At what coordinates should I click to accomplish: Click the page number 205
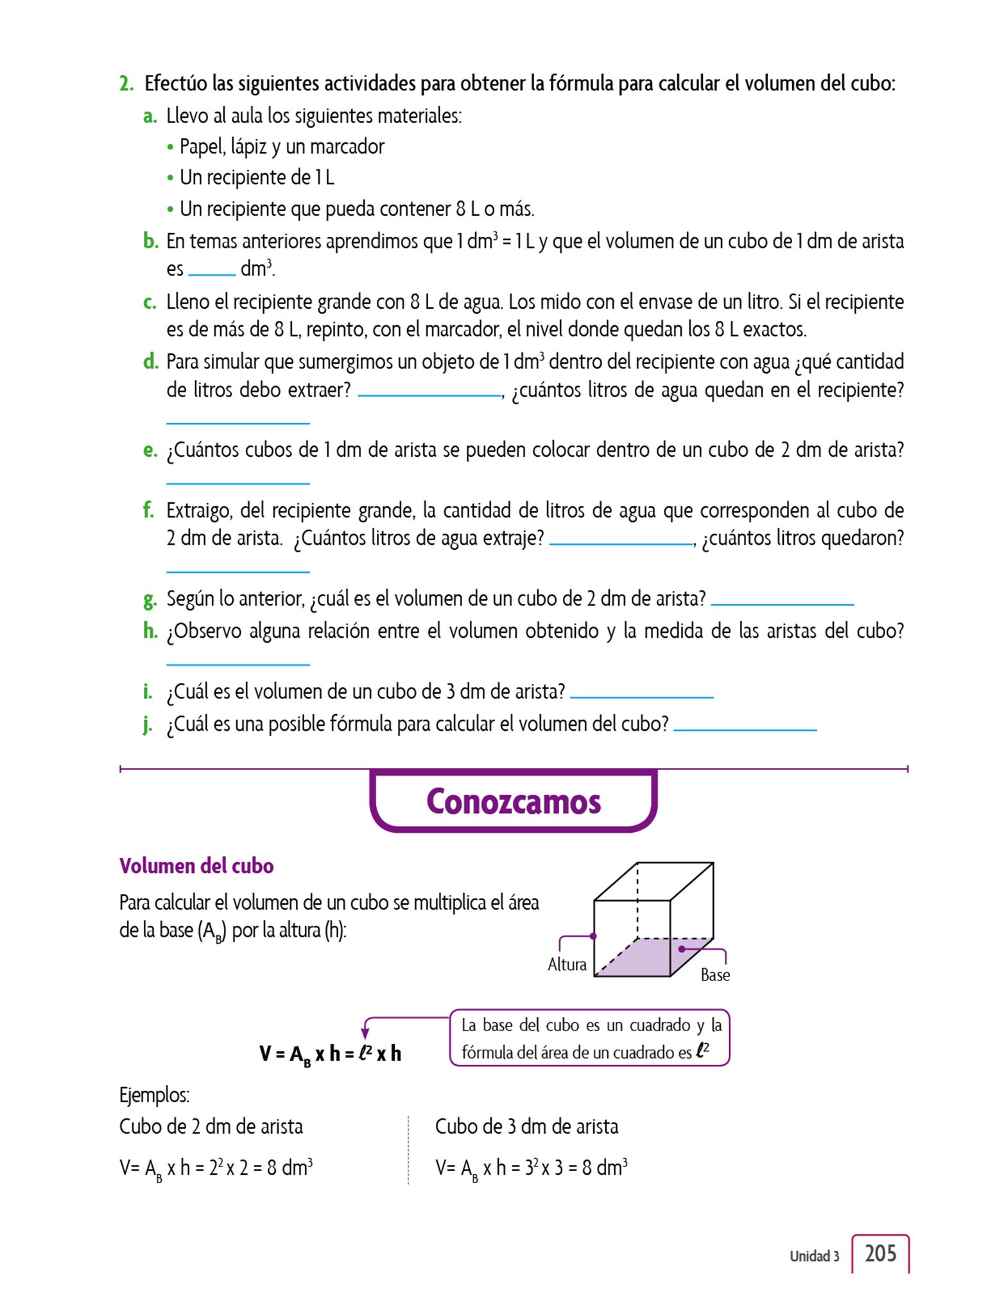click(x=880, y=1253)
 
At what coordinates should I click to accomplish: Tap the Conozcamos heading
click(x=514, y=801)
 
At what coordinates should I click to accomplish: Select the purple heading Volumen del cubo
click(x=196, y=866)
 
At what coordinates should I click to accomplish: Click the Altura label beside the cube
click(x=567, y=964)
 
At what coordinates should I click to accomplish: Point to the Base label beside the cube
click(x=715, y=975)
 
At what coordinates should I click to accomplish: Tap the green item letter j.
click(x=148, y=724)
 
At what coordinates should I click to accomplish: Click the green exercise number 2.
click(x=126, y=83)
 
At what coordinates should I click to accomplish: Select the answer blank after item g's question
click(x=782, y=602)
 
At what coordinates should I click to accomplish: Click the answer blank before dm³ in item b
click(x=212, y=273)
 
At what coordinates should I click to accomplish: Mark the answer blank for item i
click(x=641, y=695)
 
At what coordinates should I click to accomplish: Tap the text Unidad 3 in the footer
click(x=814, y=1256)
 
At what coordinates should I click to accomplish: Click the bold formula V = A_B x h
click(x=330, y=1054)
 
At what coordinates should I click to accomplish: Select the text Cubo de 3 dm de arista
click(x=526, y=1126)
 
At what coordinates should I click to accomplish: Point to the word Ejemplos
click(x=154, y=1095)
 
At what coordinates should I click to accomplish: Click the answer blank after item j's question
click(x=745, y=728)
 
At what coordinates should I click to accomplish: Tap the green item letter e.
click(x=150, y=450)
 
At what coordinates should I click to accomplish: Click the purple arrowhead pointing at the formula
click(x=365, y=1033)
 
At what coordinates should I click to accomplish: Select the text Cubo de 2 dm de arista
click(x=211, y=1126)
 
